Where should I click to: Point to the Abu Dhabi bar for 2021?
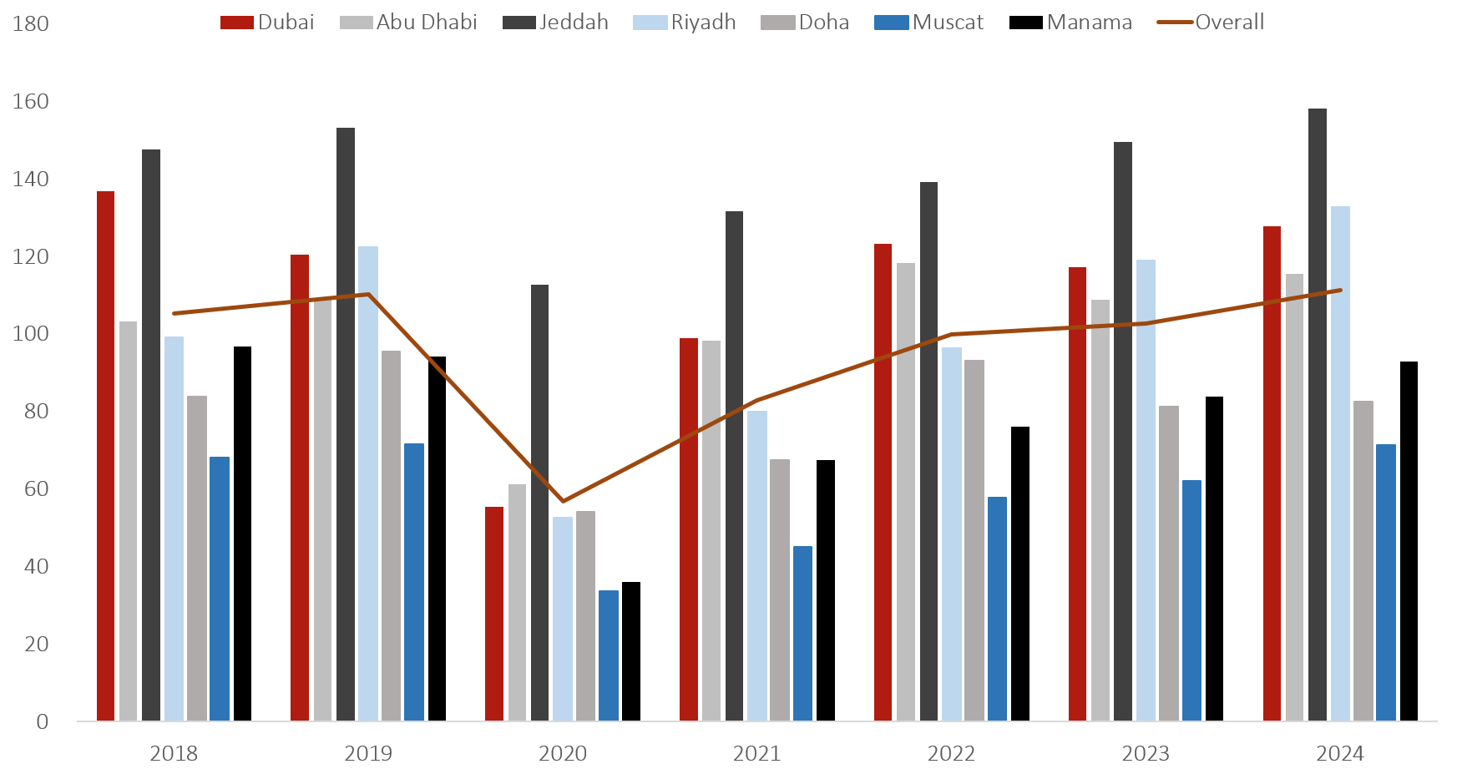[x=711, y=530]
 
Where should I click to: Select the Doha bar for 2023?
[x=1169, y=563]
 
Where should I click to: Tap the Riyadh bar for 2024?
[x=1340, y=463]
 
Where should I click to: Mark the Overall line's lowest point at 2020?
[x=563, y=501]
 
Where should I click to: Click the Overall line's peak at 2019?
[x=368, y=294]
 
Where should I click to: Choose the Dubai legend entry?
[x=267, y=23]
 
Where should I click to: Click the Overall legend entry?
[x=1212, y=23]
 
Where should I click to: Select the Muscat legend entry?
[x=929, y=23]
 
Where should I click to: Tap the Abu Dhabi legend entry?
[x=408, y=23]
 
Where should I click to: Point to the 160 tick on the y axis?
[x=31, y=102]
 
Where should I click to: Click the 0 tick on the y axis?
[x=42, y=721]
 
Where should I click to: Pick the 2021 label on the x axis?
[x=756, y=753]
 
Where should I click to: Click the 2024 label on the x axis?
[x=1340, y=753]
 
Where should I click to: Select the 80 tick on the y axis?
[x=36, y=412]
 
